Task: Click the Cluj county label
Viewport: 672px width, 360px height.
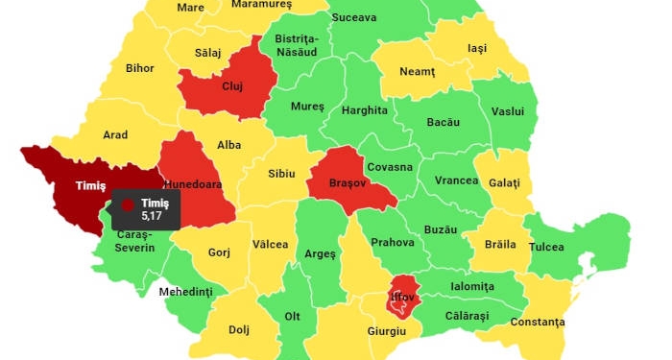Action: pos(232,86)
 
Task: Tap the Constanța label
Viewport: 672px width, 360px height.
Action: pos(538,322)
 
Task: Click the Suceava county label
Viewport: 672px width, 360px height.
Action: pos(353,17)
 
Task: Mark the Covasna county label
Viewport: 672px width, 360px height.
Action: pos(390,167)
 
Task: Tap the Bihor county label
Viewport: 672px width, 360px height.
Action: pos(139,69)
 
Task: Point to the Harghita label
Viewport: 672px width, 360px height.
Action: pos(366,110)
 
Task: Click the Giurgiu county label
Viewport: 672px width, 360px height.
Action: pos(387,331)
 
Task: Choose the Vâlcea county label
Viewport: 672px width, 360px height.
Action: pos(270,244)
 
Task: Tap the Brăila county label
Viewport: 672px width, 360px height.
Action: pos(500,244)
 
